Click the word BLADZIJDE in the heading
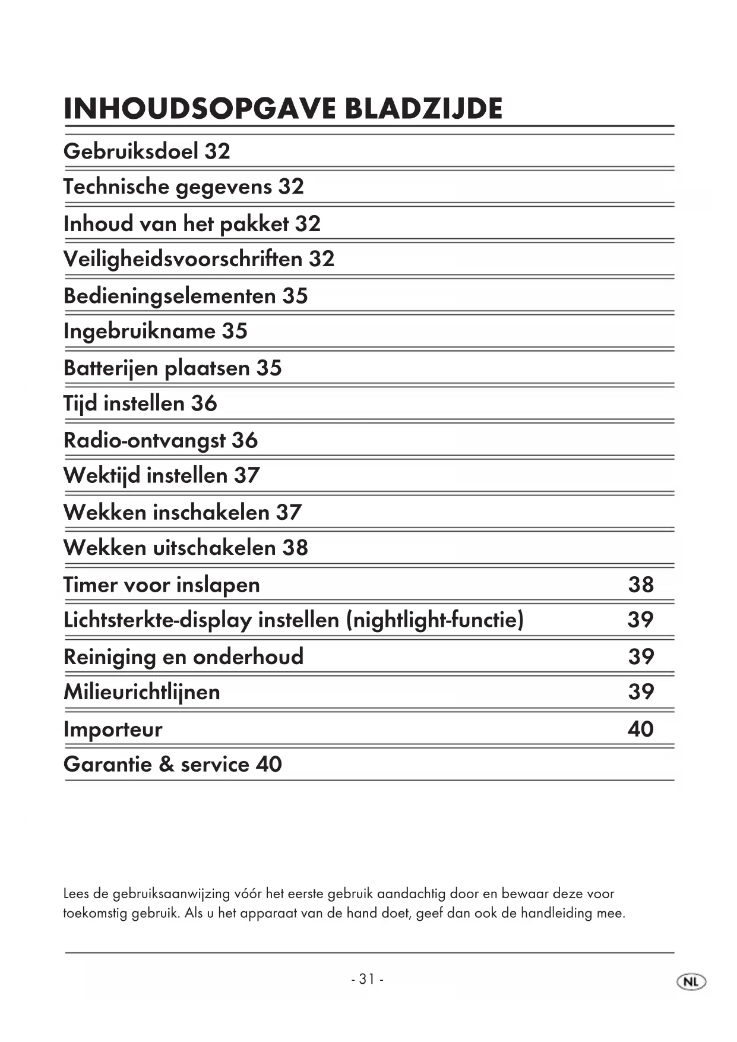point(423,109)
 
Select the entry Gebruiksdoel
point(131,151)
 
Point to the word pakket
point(254,224)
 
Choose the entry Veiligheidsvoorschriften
point(183,259)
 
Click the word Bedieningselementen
point(169,296)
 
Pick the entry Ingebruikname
point(139,331)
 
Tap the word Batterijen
point(110,368)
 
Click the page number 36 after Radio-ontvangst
point(245,440)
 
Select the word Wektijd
point(101,476)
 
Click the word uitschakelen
point(214,548)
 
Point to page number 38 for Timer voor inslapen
point(641,585)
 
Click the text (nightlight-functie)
point(435,620)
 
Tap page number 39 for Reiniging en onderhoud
point(641,656)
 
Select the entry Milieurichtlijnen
point(142,692)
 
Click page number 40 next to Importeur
point(640,729)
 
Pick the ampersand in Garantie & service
point(166,765)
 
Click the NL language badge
point(691,982)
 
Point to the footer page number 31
point(367,979)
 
